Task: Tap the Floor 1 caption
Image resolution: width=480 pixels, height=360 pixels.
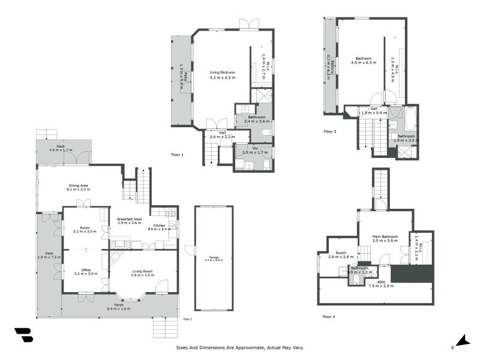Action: coord(177,155)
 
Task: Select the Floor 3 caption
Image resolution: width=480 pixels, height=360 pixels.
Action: coord(330,131)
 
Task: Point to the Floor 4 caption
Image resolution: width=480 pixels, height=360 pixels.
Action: coord(328,316)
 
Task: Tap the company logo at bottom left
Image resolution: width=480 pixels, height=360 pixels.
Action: coord(23,335)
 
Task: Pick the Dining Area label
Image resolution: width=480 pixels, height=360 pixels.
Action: coord(78,186)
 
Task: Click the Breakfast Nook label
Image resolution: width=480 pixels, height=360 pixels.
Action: coord(129,220)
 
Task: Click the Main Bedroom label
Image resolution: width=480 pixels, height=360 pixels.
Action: coord(385,237)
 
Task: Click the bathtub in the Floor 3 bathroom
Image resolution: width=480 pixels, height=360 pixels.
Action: coord(410,118)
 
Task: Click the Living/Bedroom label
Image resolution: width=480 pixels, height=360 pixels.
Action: coord(222,73)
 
